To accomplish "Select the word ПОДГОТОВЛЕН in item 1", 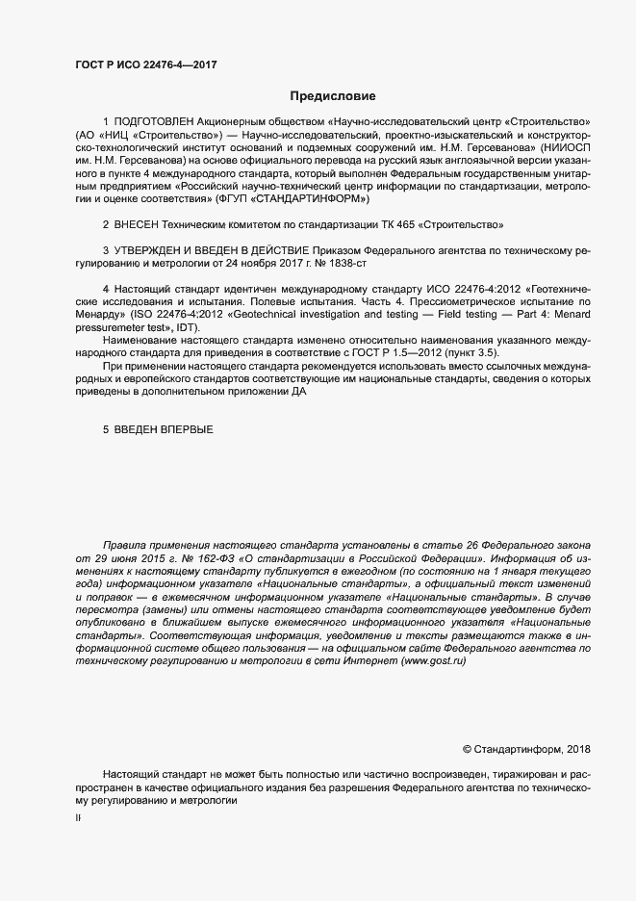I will pyautogui.click(x=154, y=123).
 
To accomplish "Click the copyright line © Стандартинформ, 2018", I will pyautogui.click(x=528, y=748).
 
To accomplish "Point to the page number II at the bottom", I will pyautogui.click(x=79, y=818).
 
